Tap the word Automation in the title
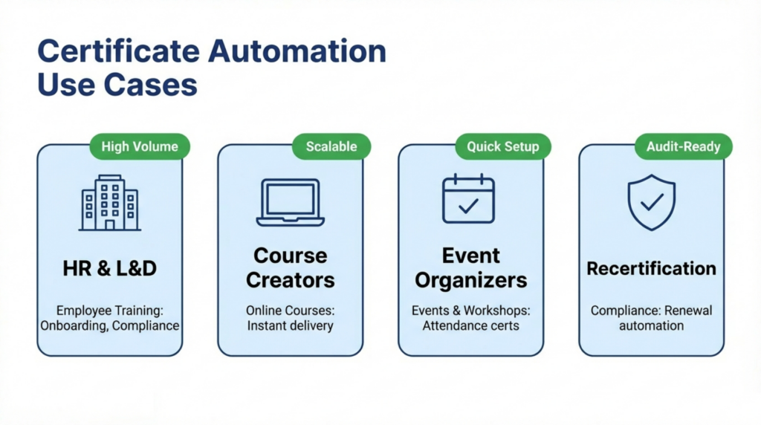[x=297, y=53]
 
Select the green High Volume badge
[x=140, y=146]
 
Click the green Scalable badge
[x=331, y=146]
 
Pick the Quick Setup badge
[x=502, y=146]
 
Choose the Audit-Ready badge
[x=683, y=146]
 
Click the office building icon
[x=110, y=202]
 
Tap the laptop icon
[x=291, y=202]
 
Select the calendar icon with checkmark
[x=468, y=199]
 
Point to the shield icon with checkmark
[x=651, y=202]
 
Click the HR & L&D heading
[x=110, y=268]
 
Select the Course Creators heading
[x=291, y=267]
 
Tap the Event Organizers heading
[x=470, y=267]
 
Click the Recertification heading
[x=651, y=268]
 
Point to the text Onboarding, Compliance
[x=110, y=325]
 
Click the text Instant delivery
[x=291, y=325]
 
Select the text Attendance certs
[x=470, y=325]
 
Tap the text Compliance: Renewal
[x=651, y=310]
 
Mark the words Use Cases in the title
[x=117, y=85]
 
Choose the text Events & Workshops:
[x=470, y=310]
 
